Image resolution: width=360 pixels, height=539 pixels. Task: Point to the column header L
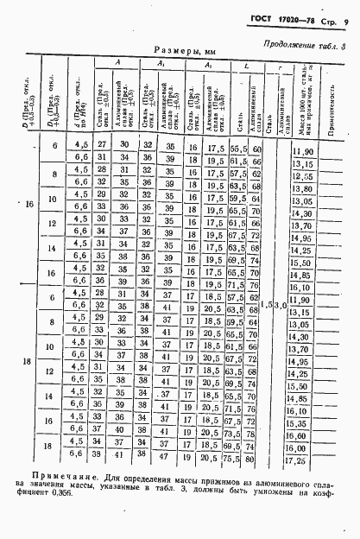(x=248, y=65)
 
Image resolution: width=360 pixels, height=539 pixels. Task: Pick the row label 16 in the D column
(x=29, y=205)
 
